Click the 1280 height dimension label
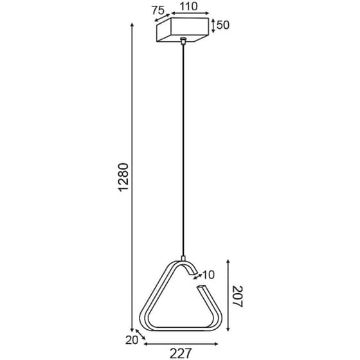pyautogui.click(x=125, y=181)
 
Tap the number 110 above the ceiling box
pyautogui.click(x=188, y=8)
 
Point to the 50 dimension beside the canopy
pyautogui.click(x=223, y=26)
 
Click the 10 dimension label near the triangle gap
pyautogui.click(x=208, y=274)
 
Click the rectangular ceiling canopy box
pyautogui.click(x=183, y=30)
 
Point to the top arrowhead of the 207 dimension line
pyautogui.click(x=228, y=261)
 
